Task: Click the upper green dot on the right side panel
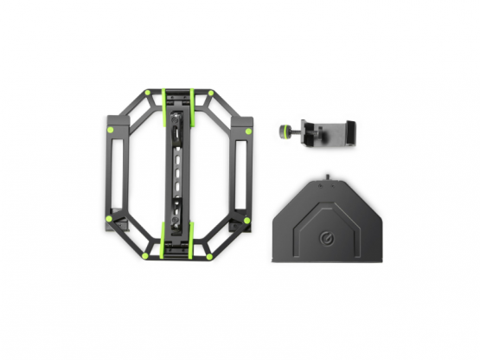pyautogui.click(x=248, y=132)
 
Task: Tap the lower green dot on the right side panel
pyautogui.click(x=248, y=217)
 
